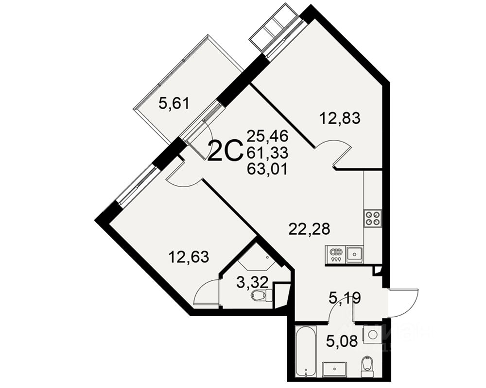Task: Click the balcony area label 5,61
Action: pyautogui.click(x=174, y=103)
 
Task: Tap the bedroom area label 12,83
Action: pyautogui.click(x=340, y=117)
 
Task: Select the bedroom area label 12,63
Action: pyautogui.click(x=189, y=256)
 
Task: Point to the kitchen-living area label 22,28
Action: pyautogui.click(x=309, y=228)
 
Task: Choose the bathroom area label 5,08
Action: pyautogui.click(x=343, y=342)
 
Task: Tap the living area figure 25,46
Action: pyautogui.click(x=267, y=135)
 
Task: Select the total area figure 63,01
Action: pyautogui.click(x=267, y=169)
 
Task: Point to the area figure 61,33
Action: pyautogui.click(x=267, y=152)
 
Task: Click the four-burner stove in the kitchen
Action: pyautogui.click(x=373, y=218)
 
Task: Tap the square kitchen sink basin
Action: pyautogui.click(x=354, y=254)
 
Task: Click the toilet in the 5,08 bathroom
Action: pyautogui.click(x=368, y=364)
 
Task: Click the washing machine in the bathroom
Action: pyautogui.click(x=373, y=335)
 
